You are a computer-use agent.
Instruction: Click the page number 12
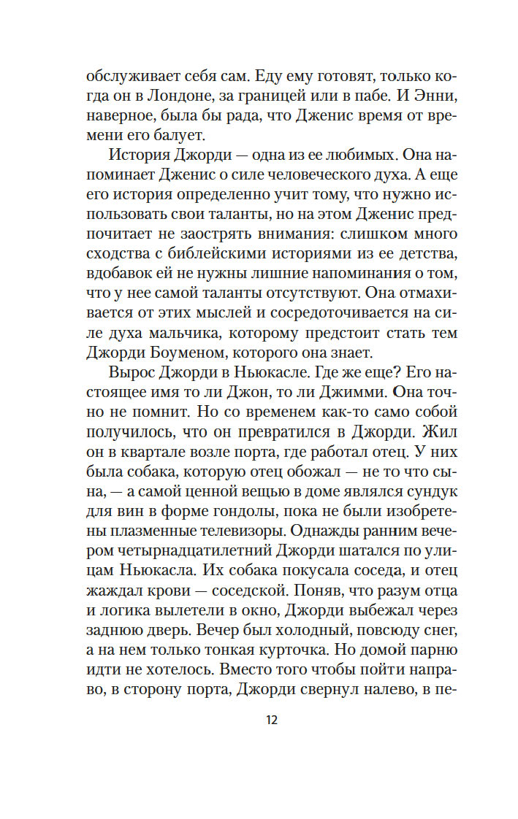[271, 720]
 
